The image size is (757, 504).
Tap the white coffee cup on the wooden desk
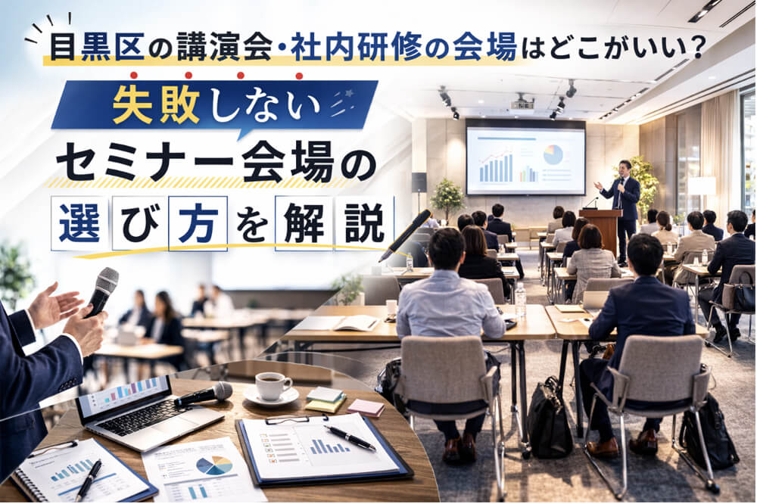tap(273, 386)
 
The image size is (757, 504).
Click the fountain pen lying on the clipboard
tap(350, 437)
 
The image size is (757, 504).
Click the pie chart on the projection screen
tap(553, 154)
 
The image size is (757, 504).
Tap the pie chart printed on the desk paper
tap(214, 465)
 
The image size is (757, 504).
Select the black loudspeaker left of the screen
tap(419, 182)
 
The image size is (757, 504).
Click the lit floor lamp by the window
tap(702, 185)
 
